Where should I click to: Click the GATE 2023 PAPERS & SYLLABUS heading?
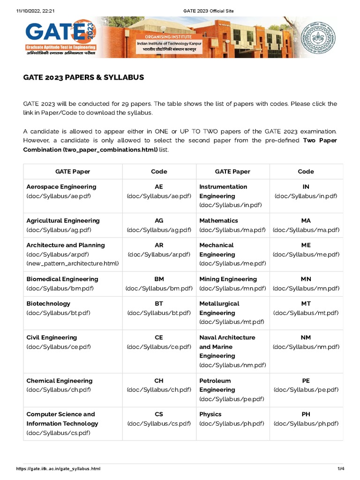point(83,77)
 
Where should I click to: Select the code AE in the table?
point(159,187)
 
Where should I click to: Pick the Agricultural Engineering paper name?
point(63,220)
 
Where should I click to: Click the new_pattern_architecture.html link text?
point(73,263)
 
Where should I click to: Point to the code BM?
point(159,279)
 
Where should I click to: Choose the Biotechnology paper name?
point(48,303)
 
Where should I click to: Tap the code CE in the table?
point(159,337)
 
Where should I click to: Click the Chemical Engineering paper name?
point(60,381)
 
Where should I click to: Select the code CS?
point(159,414)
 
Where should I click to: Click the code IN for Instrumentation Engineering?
point(306,187)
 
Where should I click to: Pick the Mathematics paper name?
point(218,220)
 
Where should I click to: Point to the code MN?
point(306,279)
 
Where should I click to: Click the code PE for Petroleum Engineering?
point(306,381)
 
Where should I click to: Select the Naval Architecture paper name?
point(227,337)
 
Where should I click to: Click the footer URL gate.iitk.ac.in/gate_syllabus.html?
point(58,469)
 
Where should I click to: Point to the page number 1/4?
point(341,469)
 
